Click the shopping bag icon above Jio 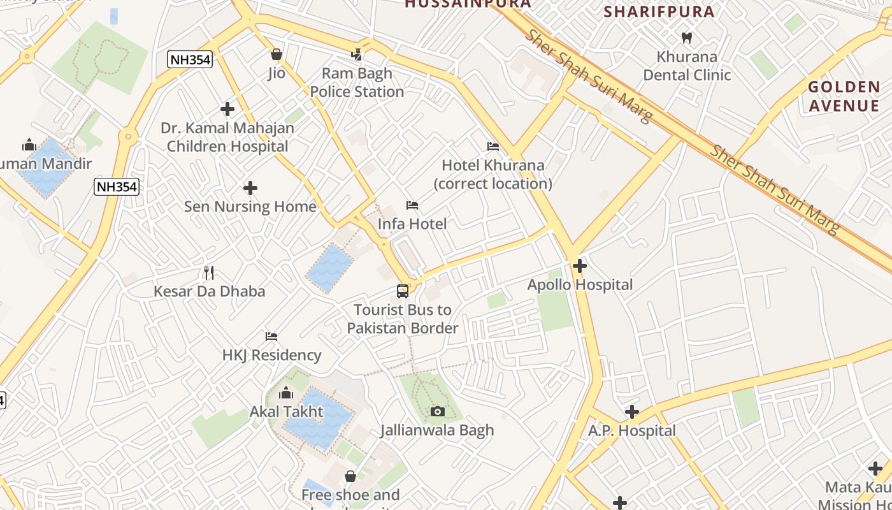(277, 54)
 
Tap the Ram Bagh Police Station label (357, 83)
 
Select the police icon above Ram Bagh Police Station (357, 54)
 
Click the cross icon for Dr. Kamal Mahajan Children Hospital (227, 109)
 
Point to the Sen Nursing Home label (250, 207)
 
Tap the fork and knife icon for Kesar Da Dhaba (209, 273)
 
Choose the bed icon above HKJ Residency (271, 337)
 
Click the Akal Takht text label (286, 411)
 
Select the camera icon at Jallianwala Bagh (437, 412)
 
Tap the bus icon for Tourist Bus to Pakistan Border (403, 291)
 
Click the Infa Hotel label (412, 224)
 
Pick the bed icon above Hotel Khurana (493, 147)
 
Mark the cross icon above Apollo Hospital (580, 266)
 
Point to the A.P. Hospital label (631, 430)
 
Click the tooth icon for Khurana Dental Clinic (687, 38)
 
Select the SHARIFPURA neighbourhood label (659, 11)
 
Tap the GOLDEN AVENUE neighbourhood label (844, 96)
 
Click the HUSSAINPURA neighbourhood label (468, 4)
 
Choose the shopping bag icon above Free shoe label (350, 476)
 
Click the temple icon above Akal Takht (286, 392)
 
